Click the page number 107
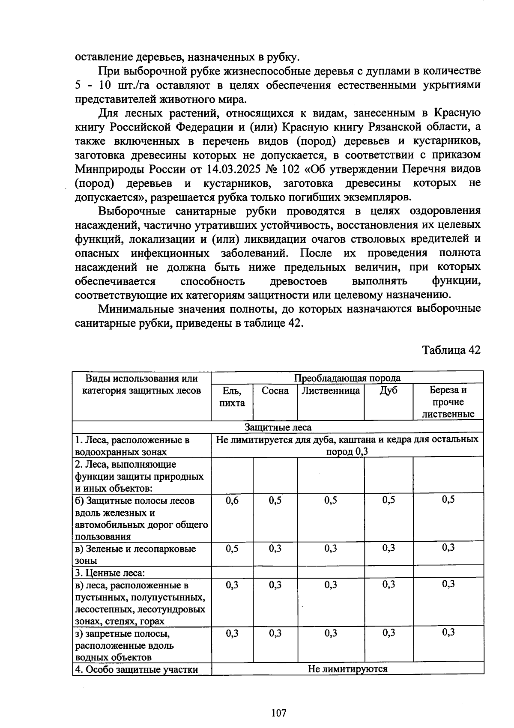tap(278, 701)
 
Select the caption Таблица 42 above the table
tap(451, 350)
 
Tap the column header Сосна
tap(275, 391)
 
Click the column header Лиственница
tap(331, 391)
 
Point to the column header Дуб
tap(388, 391)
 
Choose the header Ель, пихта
tap(232, 397)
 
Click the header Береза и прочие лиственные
tap(448, 402)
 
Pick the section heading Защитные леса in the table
tap(278, 427)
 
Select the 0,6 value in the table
tap(232, 500)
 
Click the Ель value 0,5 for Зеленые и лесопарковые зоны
tap(232, 548)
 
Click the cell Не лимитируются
tap(347, 668)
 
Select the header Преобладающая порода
tap(347, 378)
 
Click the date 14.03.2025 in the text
tap(234, 169)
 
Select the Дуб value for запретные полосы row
tap(388, 633)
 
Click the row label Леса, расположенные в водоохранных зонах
tap(132, 446)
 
